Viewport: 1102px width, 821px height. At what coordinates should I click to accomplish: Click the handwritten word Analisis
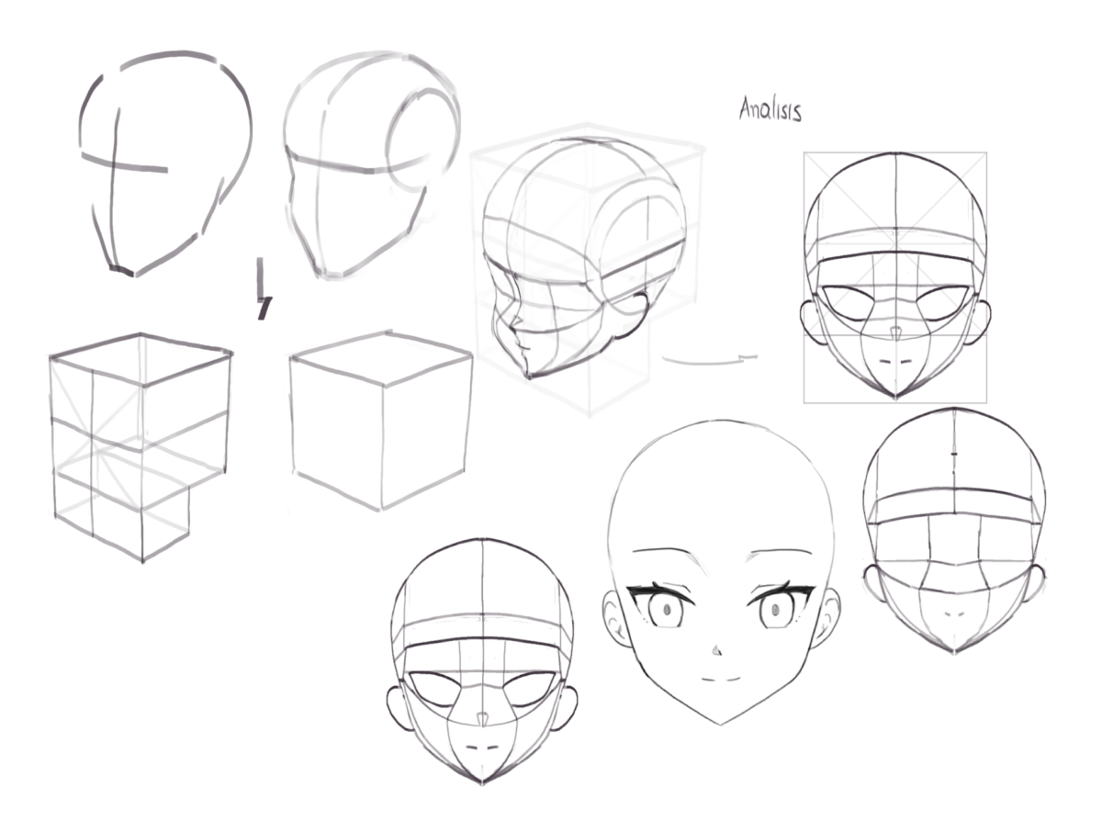770,109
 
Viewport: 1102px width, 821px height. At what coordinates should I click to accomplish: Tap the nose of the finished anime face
716,650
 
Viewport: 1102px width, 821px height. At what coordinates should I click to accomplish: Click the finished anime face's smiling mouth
720,679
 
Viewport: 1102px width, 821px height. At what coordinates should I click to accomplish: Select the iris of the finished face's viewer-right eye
775,609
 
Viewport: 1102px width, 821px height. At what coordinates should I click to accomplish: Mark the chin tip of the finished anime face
721,724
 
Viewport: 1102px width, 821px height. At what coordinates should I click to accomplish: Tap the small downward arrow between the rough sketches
264,288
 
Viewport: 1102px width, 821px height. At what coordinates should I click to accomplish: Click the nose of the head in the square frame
895,333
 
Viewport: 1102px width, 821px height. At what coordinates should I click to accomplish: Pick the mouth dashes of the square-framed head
895,361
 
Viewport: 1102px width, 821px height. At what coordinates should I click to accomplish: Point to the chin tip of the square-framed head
895,398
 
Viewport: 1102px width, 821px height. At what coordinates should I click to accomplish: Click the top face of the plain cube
381,358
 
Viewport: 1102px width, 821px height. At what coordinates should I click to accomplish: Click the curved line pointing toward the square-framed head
710,360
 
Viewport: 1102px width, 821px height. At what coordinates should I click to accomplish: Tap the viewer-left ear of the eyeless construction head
874,583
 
